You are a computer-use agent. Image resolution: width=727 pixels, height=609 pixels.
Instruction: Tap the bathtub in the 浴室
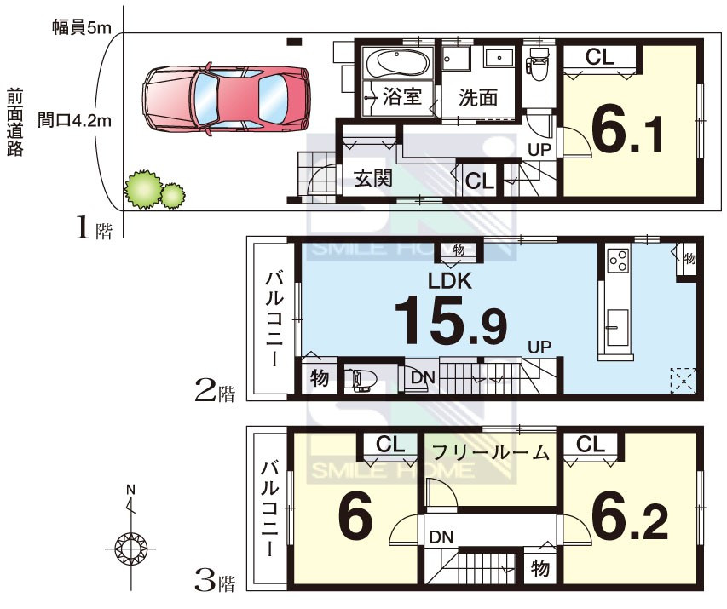coord(398,64)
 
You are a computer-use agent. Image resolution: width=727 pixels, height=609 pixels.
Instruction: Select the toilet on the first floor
coord(538,64)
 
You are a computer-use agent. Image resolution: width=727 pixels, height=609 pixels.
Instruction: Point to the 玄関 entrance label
coord(372,178)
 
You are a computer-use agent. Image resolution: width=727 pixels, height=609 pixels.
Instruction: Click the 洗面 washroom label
coord(478,98)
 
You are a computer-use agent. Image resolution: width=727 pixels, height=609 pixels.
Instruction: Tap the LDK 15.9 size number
coord(450,321)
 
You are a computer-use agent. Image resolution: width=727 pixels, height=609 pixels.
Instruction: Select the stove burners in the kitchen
coord(619,260)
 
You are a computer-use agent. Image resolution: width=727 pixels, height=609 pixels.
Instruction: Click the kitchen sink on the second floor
coord(617,327)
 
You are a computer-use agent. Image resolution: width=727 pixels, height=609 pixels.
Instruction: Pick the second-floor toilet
coord(362,380)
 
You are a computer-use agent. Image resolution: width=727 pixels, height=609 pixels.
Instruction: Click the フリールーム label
coord(491,451)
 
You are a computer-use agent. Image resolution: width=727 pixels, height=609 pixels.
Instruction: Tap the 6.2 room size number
coord(630,522)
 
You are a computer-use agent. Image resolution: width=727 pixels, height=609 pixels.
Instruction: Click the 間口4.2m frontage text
coord(74,120)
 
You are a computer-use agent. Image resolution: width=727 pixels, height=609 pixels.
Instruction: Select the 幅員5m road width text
coord(82,28)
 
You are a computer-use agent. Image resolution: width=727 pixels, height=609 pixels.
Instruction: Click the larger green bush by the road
coord(144,189)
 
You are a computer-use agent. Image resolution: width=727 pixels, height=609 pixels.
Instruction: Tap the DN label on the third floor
coord(441,537)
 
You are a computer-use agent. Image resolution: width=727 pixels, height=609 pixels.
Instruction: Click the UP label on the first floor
coord(539,149)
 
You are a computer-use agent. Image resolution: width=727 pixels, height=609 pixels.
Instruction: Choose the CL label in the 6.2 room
coord(591,444)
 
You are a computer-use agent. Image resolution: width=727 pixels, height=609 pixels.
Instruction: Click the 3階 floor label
coord(215,581)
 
